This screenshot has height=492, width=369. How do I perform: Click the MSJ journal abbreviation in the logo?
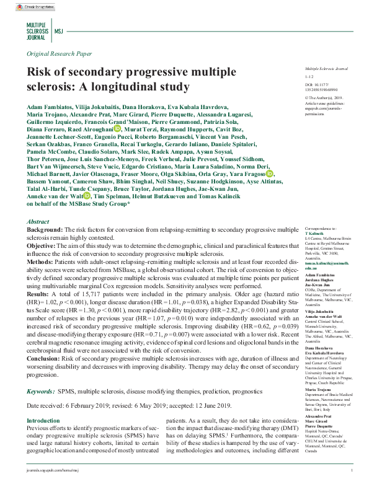[x=59, y=30]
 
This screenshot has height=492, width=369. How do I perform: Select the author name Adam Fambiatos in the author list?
[x=51, y=108]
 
